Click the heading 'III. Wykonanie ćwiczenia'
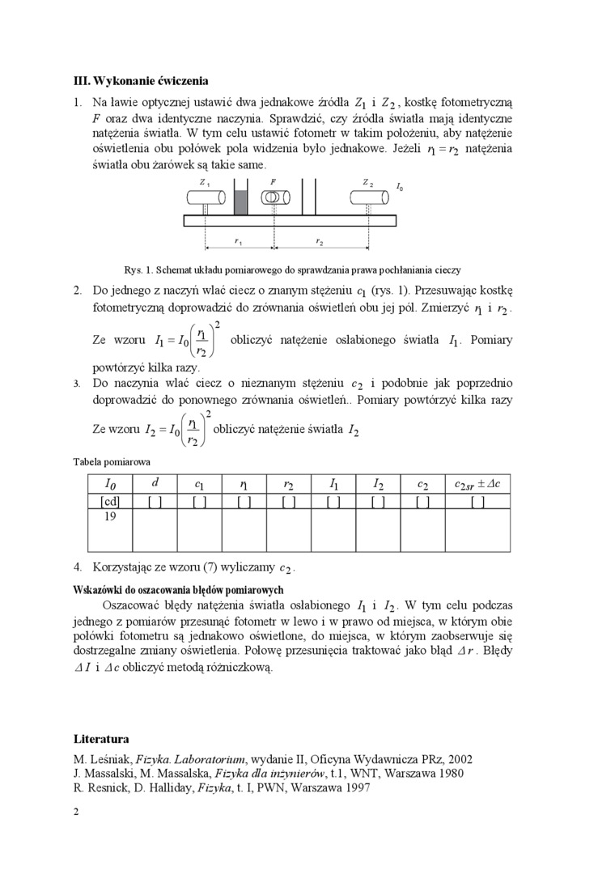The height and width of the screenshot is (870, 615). click(141, 81)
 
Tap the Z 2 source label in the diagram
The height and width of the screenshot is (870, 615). click(368, 183)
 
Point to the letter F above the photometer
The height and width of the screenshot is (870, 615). click(274, 182)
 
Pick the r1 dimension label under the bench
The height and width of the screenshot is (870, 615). click(238, 242)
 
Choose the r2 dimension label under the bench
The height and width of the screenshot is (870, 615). click(320, 242)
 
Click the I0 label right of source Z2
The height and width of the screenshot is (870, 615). click(400, 188)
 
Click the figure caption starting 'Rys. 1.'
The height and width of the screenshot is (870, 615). click(292, 269)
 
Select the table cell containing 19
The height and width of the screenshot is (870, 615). click(110, 516)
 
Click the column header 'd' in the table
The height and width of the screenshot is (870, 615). click(155, 483)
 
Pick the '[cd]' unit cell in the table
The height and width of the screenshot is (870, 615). click(110, 502)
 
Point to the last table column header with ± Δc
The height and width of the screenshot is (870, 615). click(477, 484)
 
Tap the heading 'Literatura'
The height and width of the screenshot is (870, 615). click(101, 739)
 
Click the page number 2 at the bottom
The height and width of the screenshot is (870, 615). click(76, 812)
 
